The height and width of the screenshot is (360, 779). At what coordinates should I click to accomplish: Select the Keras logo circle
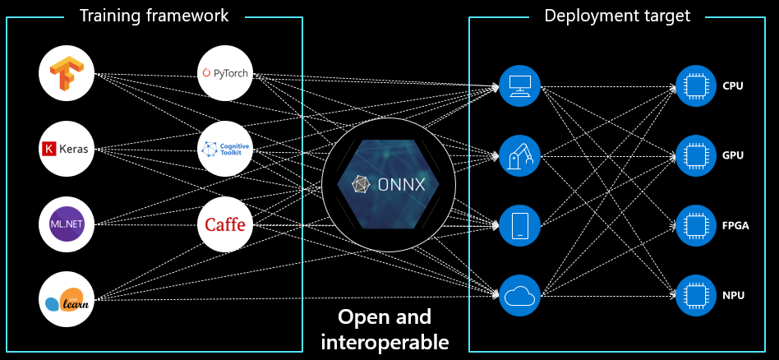click(67, 149)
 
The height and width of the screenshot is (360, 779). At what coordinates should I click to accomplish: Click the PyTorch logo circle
click(224, 73)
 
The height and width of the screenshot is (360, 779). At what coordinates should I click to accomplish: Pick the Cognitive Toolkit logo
click(224, 149)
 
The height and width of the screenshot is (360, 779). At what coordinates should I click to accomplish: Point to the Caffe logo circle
click(224, 224)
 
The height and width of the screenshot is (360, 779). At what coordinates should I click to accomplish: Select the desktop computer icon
click(520, 85)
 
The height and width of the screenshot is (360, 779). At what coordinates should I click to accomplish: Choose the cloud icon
click(520, 295)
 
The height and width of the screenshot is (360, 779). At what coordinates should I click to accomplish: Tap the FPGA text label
click(735, 223)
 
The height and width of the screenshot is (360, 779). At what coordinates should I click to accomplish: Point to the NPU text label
click(734, 292)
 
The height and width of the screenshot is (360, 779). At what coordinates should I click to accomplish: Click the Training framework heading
click(154, 16)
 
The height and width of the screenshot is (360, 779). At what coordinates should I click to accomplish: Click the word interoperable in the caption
click(385, 341)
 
